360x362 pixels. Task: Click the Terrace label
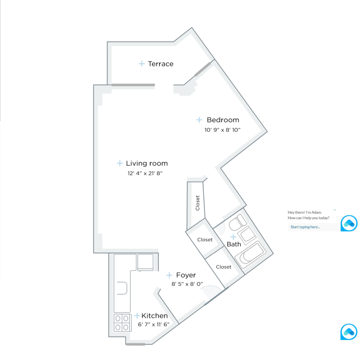click(x=161, y=64)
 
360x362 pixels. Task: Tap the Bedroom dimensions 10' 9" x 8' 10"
click(x=223, y=130)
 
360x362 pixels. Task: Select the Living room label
click(x=147, y=163)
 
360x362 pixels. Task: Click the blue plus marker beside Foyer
click(x=169, y=275)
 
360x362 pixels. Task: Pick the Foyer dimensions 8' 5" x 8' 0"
click(x=187, y=284)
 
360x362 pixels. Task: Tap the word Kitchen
click(x=154, y=316)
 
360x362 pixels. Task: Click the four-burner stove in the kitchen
click(x=122, y=323)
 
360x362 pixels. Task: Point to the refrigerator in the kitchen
click(x=145, y=262)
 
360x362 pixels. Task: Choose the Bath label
click(x=234, y=244)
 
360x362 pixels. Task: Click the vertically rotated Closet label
click(x=198, y=203)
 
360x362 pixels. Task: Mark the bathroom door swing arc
click(x=221, y=228)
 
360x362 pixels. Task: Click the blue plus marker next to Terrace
click(x=142, y=64)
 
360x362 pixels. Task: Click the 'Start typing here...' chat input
click(x=313, y=227)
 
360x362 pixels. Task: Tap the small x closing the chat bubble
click(x=335, y=210)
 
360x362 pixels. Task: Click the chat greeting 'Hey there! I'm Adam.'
click(x=305, y=212)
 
